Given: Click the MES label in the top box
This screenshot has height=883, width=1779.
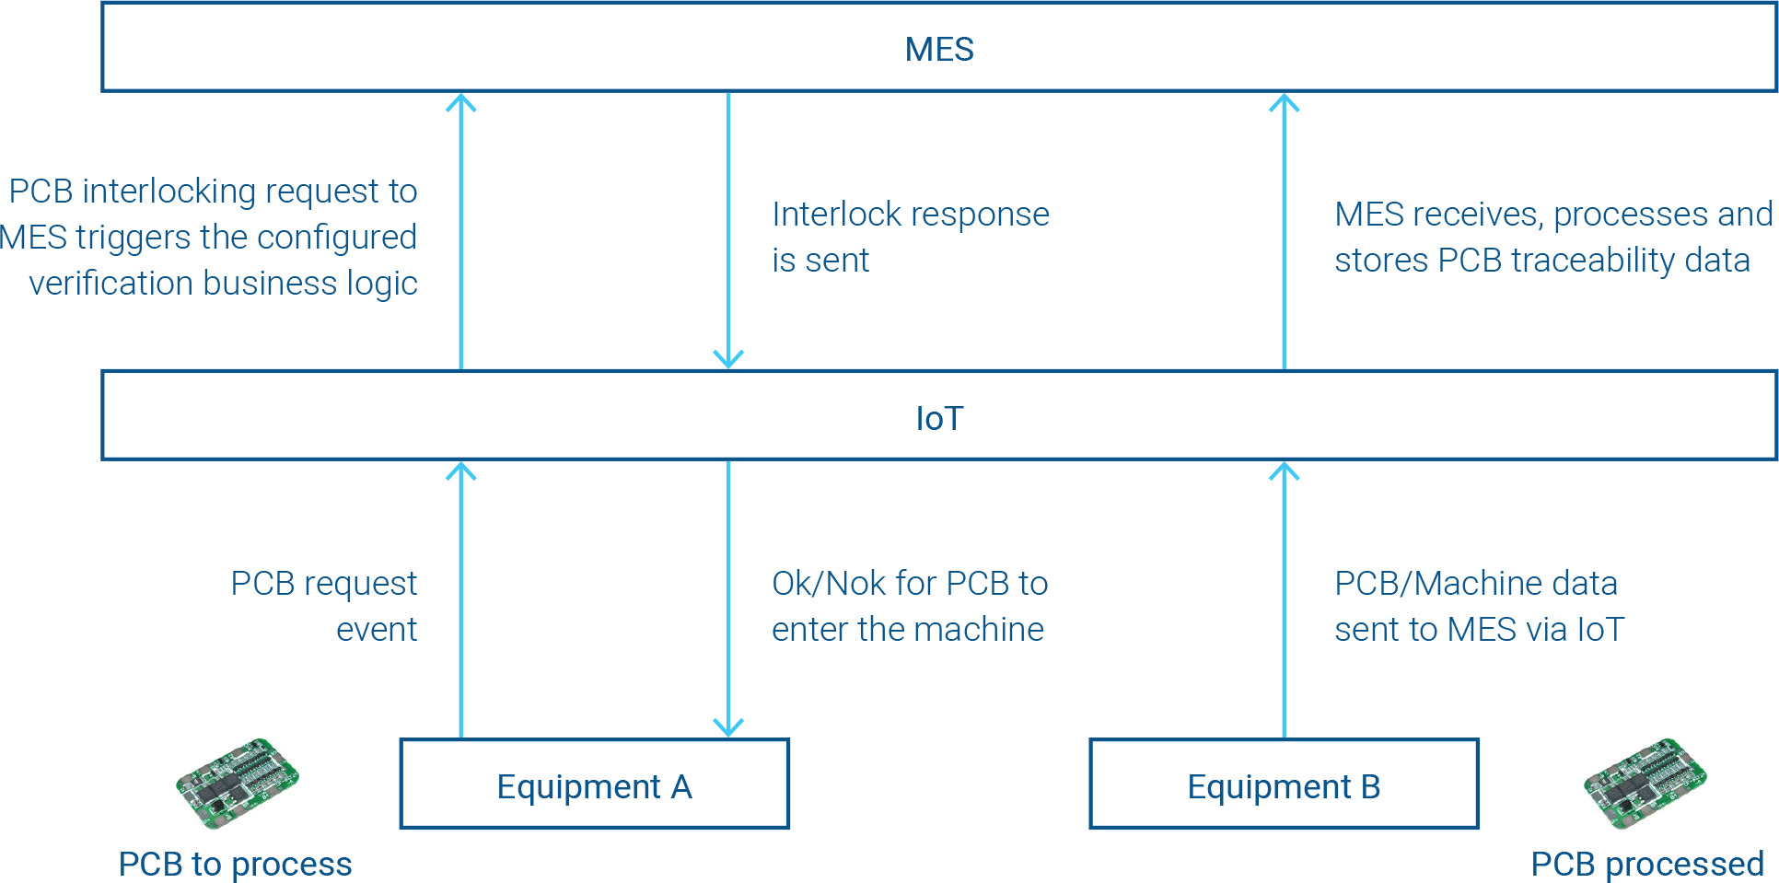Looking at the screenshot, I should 938,50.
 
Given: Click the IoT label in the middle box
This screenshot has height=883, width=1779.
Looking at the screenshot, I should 938,419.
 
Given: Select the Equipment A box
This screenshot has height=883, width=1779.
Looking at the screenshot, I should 594,784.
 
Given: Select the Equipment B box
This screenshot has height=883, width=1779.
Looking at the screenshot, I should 1284,784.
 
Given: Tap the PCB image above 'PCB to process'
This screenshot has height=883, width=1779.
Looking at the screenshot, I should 238,783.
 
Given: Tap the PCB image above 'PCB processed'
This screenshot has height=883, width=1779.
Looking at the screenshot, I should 1645,783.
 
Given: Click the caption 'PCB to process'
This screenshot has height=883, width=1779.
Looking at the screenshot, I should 235,864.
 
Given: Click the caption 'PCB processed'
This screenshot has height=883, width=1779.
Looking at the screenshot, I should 1646,864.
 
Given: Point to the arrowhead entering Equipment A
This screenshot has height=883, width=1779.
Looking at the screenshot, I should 728,727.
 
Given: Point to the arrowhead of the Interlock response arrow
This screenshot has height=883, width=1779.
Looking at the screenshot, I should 728,358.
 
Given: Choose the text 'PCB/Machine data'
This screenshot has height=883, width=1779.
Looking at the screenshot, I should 1475,583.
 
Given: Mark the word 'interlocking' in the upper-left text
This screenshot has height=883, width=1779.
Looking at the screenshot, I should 169,192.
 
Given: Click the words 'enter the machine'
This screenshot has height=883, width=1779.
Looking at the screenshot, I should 907,630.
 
